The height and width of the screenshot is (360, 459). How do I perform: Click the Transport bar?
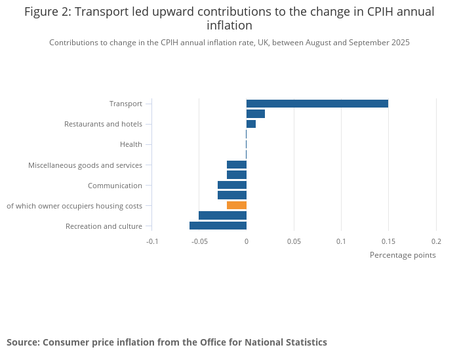(x=317, y=104)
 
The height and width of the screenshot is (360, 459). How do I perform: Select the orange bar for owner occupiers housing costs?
(x=237, y=205)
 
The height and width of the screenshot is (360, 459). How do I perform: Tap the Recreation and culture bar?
(x=218, y=226)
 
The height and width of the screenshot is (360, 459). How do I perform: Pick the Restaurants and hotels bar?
(x=250, y=124)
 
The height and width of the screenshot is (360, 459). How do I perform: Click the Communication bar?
(x=232, y=185)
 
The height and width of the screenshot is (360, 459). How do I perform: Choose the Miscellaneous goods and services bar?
(x=237, y=165)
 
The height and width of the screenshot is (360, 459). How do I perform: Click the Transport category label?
(x=125, y=104)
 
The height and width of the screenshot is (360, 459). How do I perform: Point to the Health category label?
(x=130, y=144)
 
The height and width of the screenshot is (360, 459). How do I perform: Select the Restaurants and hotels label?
(x=103, y=124)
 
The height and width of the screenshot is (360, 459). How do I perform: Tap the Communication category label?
(x=115, y=186)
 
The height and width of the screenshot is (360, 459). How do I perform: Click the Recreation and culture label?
(x=104, y=226)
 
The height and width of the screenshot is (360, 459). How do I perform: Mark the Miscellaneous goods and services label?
(x=85, y=165)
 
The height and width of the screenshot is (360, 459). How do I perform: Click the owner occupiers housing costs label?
(x=74, y=206)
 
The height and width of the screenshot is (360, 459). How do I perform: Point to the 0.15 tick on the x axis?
(x=388, y=241)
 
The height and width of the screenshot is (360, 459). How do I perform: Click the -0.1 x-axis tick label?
(x=151, y=241)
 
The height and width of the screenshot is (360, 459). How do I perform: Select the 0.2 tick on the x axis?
(x=436, y=241)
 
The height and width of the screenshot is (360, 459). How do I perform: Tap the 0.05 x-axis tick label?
(x=294, y=241)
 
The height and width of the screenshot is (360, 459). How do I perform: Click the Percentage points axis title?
(x=403, y=255)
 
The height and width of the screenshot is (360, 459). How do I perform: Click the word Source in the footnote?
(x=23, y=342)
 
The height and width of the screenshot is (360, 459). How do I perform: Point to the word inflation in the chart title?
(x=229, y=26)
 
